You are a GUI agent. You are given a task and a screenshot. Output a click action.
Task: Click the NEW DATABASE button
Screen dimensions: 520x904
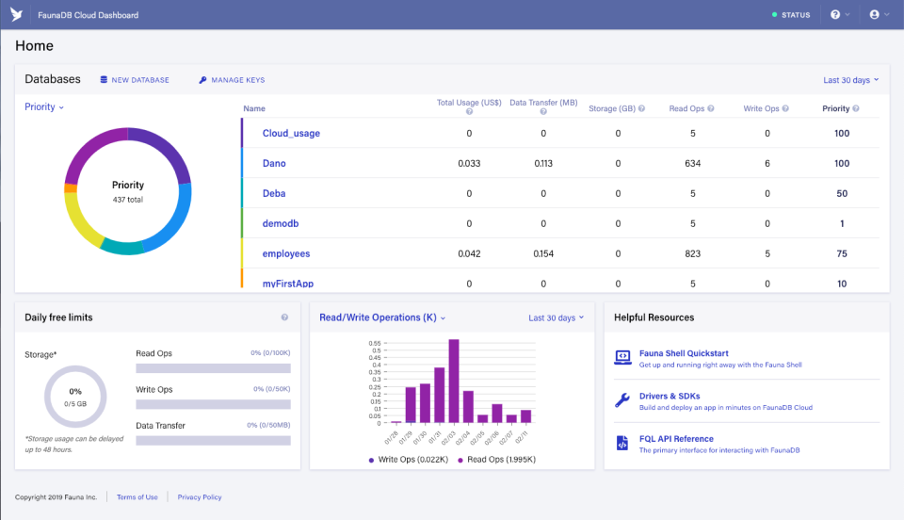[x=135, y=80]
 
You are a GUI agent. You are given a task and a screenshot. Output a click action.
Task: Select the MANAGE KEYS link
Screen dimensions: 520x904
[x=232, y=80]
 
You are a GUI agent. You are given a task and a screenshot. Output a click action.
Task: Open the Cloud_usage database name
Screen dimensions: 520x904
[x=291, y=134]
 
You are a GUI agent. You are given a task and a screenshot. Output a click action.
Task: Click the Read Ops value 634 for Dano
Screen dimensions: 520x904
[x=693, y=164]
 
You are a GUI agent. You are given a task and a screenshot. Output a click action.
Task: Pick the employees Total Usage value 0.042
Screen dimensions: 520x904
[x=469, y=254]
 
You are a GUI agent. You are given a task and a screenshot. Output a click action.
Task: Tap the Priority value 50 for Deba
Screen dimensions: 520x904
[x=841, y=194]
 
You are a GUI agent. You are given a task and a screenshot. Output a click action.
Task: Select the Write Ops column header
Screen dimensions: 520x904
[x=761, y=109]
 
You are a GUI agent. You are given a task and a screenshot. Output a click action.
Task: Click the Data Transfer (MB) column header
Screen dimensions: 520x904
[x=543, y=103]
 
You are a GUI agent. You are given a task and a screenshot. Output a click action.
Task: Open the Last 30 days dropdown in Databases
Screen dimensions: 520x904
[x=850, y=80]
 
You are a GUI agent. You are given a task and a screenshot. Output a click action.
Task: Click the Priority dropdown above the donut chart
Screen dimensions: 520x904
[x=44, y=107]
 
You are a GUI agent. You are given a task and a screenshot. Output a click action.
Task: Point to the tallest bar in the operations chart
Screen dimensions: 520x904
[x=454, y=382]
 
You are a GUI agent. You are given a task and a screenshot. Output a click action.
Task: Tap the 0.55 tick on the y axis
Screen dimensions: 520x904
[x=376, y=344]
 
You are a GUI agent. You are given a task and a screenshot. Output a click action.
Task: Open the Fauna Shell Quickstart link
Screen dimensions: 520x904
[x=683, y=353]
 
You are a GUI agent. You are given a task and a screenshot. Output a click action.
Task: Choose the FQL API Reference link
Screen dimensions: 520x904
[x=676, y=439]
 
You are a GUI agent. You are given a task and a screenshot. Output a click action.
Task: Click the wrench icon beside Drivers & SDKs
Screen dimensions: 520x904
[x=621, y=400]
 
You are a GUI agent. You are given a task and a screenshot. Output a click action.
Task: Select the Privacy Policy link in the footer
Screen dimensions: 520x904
[x=200, y=497]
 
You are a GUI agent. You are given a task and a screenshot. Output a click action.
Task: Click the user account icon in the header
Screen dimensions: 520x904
[x=875, y=15]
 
